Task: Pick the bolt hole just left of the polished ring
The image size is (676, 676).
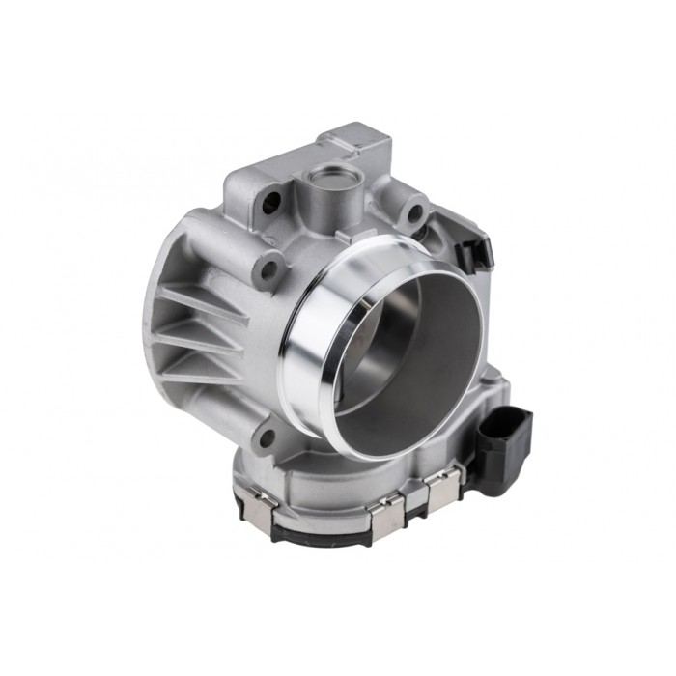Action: pyautogui.click(x=269, y=268)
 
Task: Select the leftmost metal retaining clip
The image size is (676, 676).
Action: pyautogui.click(x=260, y=502)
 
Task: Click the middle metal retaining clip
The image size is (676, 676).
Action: pyautogui.click(x=385, y=513)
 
